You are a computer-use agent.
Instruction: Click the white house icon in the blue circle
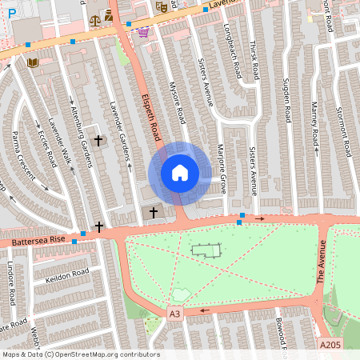[180, 173]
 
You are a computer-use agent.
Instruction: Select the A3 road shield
[174, 314]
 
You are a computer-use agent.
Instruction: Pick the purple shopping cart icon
[142, 33]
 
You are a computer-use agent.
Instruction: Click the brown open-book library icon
[33, 62]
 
